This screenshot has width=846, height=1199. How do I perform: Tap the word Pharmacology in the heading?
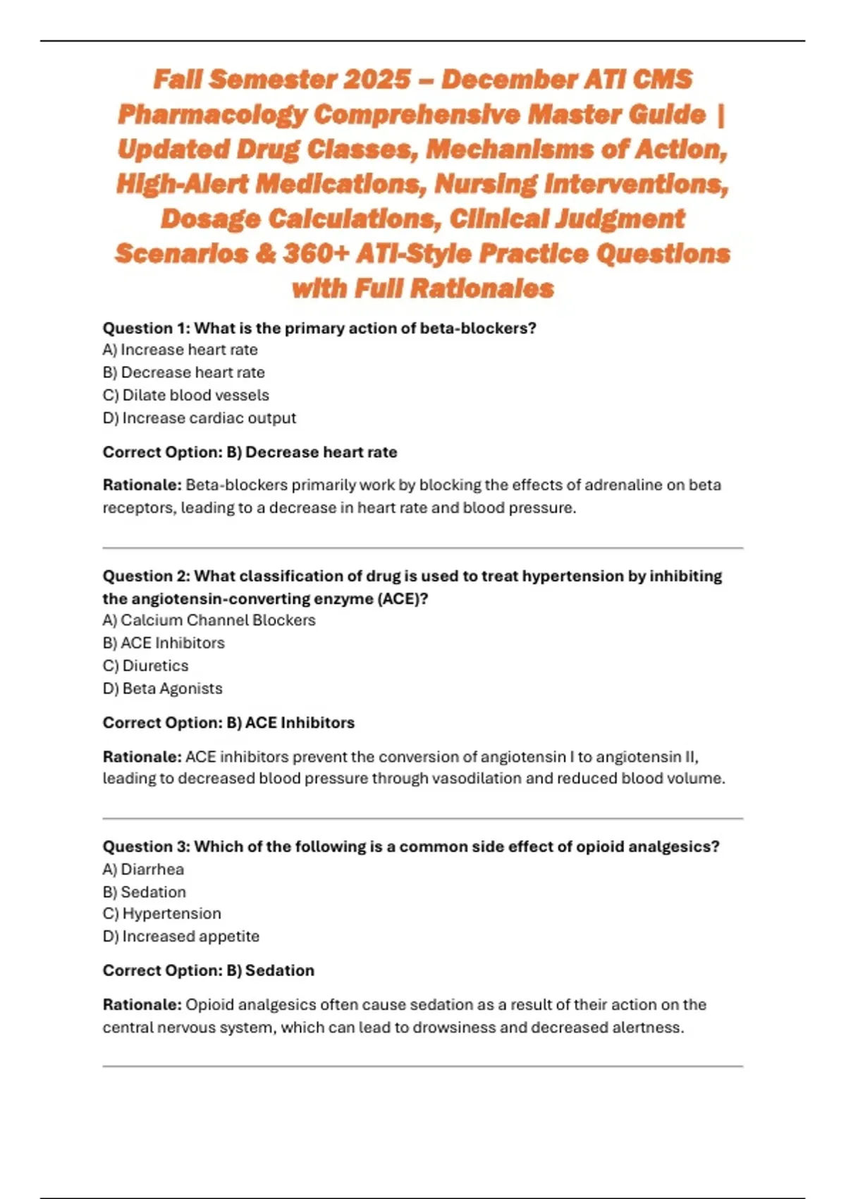click(x=212, y=114)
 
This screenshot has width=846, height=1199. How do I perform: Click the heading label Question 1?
click(x=147, y=328)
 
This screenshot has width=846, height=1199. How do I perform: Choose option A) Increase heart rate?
click(x=180, y=350)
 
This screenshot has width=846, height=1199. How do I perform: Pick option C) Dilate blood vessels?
click(x=185, y=395)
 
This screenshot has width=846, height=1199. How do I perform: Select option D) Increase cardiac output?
click(x=199, y=418)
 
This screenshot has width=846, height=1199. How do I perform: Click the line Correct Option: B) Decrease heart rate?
click(x=250, y=452)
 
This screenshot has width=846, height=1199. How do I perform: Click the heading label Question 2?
click(x=147, y=576)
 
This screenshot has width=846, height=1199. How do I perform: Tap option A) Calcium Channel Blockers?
click(x=209, y=620)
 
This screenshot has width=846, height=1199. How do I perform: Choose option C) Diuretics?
click(x=145, y=666)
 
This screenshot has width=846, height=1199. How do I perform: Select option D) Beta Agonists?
click(x=162, y=688)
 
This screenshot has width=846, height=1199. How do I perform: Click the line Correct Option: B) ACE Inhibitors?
click(x=228, y=723)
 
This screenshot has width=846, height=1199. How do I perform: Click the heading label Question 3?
click(x=147, y=846)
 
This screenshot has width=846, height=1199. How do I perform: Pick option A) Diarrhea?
click(x=143, y=870)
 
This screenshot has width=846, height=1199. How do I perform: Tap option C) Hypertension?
click(x=161, y=913)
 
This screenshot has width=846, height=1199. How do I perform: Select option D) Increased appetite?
click(x=180, y=937)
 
